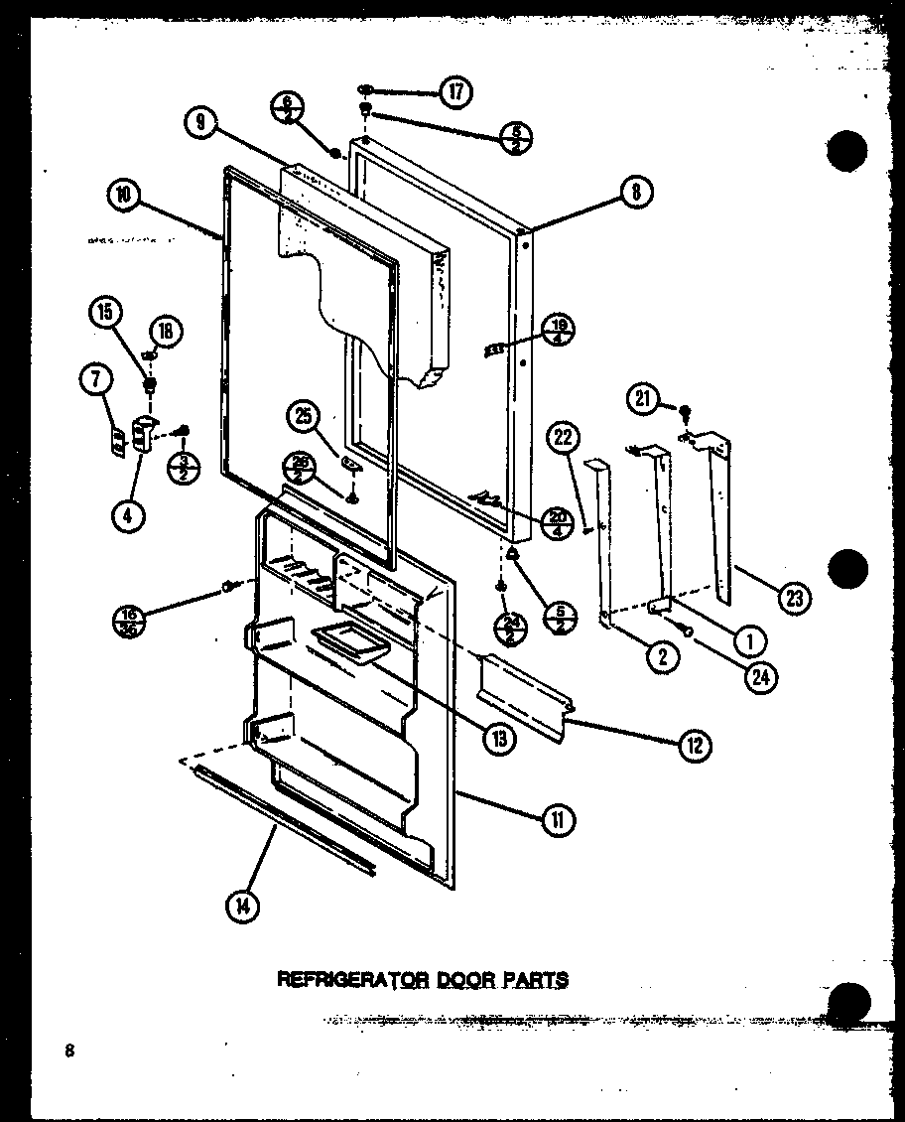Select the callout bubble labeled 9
click(x=200, y=122)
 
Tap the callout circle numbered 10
click(x=123, y=195)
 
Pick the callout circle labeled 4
click(x=127, y=515)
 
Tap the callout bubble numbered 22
click(x=564, y=437)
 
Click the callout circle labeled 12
click(x=695, y=745)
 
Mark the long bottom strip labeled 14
click(x=286, y=821)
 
